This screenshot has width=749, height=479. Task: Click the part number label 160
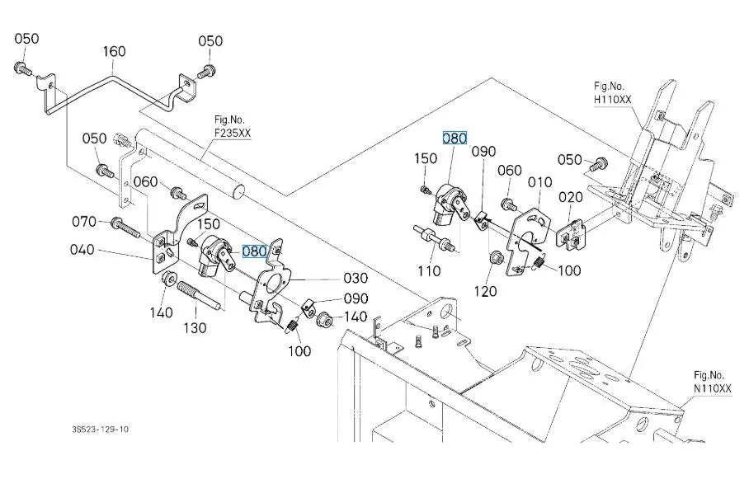tap(115, 51)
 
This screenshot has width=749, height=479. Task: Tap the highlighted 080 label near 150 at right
tap(455, 139)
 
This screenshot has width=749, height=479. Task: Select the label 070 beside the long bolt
tap(84, 222)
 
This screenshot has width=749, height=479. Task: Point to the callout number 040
tap(82, 250)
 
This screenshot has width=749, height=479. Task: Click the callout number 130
tap(195, 328)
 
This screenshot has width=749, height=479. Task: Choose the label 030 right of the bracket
tap(356, 279)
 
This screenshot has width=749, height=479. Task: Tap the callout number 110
tap(429, 271)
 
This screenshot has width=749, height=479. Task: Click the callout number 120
tap(485, 291)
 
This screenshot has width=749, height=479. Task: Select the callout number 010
tap(540, 182)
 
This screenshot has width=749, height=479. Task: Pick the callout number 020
tap(571, 197)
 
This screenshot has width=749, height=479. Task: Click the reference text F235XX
tap(233, 134)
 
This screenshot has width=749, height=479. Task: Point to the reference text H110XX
tap(613, 99)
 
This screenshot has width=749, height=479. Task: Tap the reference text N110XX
tap(713, 389)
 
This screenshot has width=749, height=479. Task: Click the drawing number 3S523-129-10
tap(101, 430)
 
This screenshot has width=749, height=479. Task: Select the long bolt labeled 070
tap(125, 228)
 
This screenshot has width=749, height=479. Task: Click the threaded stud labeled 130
tap(199, 296)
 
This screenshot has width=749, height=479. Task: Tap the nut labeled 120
tap(496, 258)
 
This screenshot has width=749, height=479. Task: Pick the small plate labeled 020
tap(572, 235)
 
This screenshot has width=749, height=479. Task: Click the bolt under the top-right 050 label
tap(207, 71)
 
